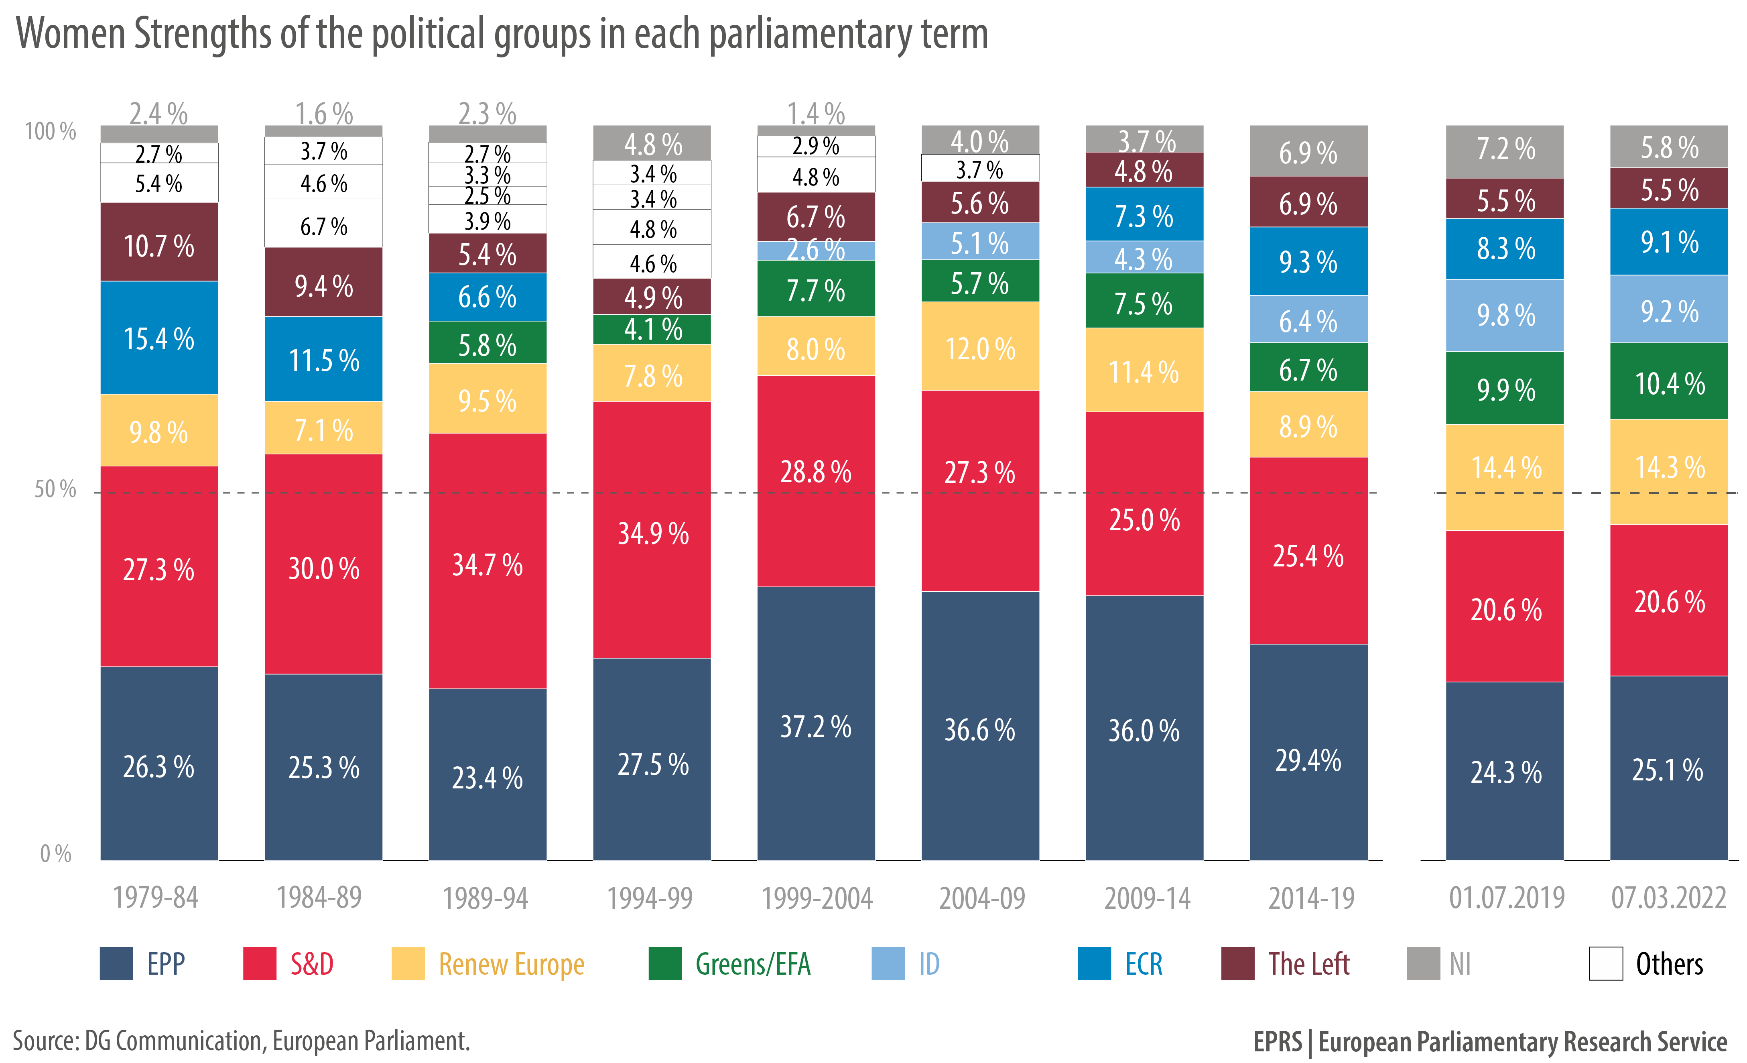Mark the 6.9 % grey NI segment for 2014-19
1308,151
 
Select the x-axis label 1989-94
486,898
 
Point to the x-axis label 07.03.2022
1668,898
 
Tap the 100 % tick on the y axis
50,131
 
